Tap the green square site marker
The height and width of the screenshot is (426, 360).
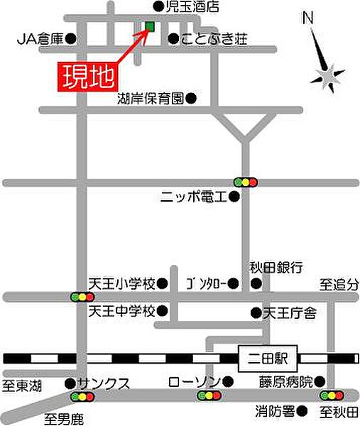pos(149,27)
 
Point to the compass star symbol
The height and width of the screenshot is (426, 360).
pos(329,74)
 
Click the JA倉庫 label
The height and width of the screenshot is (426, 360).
pos(40,40)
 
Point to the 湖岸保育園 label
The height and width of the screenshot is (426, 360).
pos(152,99)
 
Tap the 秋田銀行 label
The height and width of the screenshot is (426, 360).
pos(276,267)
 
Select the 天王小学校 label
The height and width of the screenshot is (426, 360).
pos(121,283)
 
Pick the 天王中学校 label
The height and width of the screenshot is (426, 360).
pos(121,311)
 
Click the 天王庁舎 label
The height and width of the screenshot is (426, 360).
pos(290,312)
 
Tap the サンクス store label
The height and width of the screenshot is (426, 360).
pos(104,383)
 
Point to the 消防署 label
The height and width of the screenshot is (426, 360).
pos(276,410)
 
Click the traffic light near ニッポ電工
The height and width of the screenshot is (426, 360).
pos(246,182)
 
